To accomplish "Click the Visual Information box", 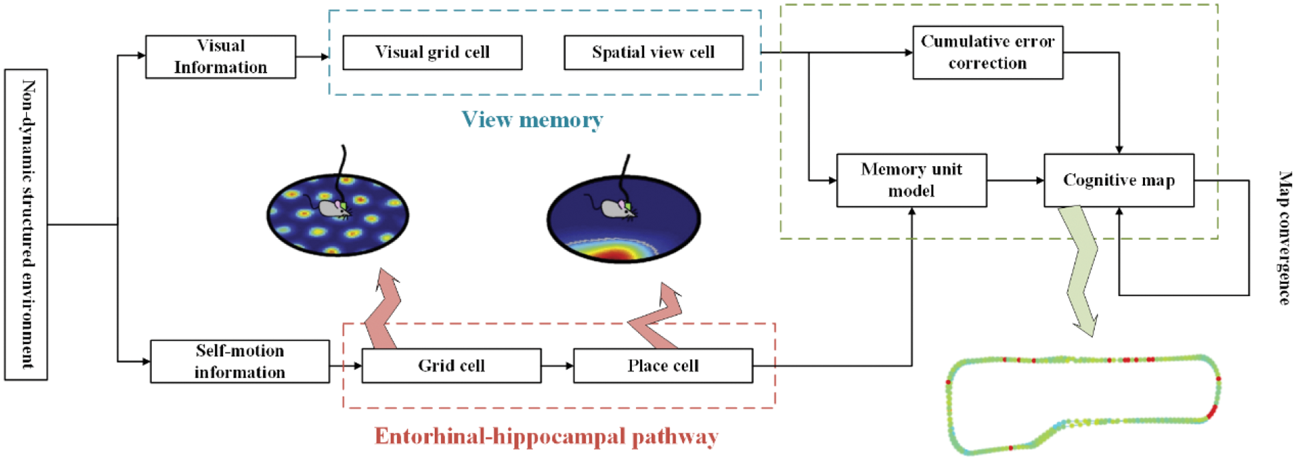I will click(x=220, y=57).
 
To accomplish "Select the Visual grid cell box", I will click(x=432, y=53).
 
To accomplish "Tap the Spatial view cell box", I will click(x=653, y=53).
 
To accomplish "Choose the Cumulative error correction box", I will click(x=987, y=53).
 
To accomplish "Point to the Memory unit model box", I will click(x=911, y=180).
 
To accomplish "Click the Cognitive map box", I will click(x=1119, y=180).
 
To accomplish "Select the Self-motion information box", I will click(x=240, y=361).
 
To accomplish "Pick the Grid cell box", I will click(x=452, y=365).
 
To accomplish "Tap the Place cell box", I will click(x=663, y=365).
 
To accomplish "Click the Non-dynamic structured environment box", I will click(x=26, y=224).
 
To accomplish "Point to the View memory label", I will click(x=532, y=120).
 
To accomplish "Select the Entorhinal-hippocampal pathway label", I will click(x=546, y=436).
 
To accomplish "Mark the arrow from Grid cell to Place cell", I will click(x=557, y=365).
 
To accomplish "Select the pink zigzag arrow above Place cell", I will click(x=658, y=317).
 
